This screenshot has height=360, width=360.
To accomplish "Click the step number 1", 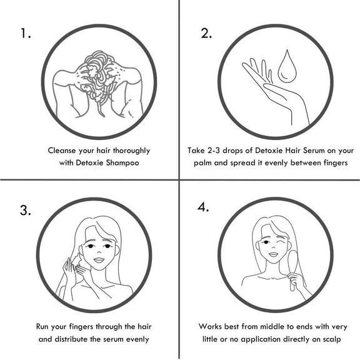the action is pos(26,33).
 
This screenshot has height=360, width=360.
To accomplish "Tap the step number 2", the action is pos(206,33).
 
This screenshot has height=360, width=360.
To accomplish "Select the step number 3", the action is pos(25,210).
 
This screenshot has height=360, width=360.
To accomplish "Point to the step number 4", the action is pos(203,207).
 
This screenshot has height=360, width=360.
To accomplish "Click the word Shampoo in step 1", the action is pos(122,163).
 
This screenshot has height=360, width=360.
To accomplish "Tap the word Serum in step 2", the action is pos(314,151).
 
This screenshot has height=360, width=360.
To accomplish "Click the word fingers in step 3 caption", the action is pos(81,327).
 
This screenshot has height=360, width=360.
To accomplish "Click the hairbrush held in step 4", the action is pos(292,270).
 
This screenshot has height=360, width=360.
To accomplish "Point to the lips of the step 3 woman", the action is pos(99,260).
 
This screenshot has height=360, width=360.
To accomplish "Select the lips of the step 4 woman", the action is pos(274,254).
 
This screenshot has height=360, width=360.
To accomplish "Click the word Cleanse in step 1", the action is pos(62,151).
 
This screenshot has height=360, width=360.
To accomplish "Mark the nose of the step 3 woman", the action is pos(99,251).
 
